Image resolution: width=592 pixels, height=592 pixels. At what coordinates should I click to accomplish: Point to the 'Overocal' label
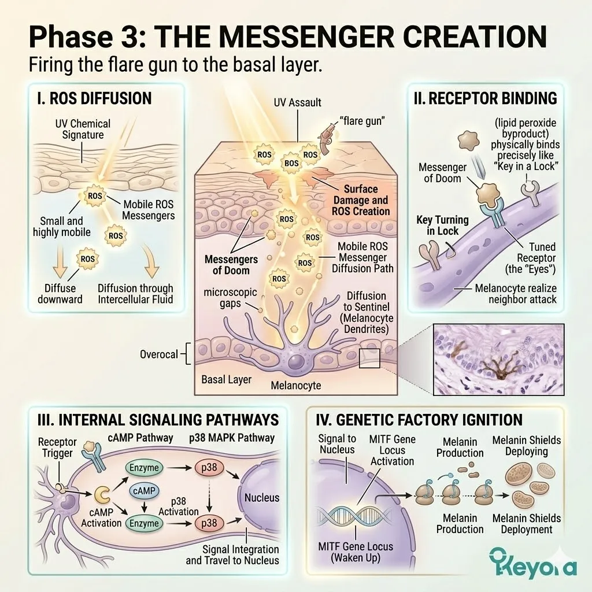pos(159,354)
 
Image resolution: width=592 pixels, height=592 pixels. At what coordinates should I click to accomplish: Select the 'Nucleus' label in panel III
pos(262,497)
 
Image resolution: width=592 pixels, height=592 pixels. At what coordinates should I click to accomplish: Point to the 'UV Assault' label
pos(298,102)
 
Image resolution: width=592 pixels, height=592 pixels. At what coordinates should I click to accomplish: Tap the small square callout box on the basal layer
pos(369,358)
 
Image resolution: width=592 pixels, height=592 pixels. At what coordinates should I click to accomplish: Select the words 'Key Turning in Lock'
pos(437,225)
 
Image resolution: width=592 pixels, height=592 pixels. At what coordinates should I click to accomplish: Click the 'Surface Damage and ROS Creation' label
pos(361,200)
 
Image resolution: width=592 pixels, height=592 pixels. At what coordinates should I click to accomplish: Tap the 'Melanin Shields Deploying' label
pos(526,445)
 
